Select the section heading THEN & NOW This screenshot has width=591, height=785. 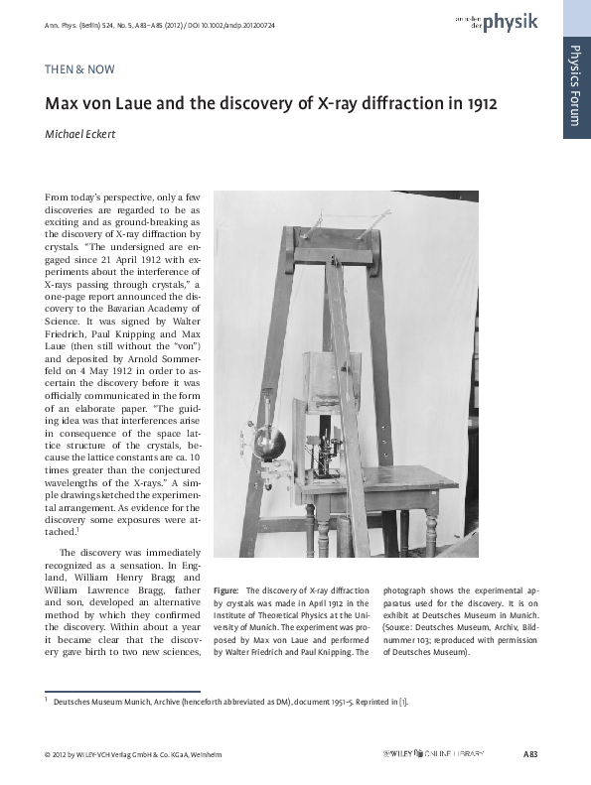79,69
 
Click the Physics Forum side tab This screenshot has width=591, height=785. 576,84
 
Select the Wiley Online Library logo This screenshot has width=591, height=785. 433,755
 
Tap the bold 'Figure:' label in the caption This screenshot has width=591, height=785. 227,589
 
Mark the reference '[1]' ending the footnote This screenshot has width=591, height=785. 402,703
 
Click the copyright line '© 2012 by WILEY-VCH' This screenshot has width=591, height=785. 99,755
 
